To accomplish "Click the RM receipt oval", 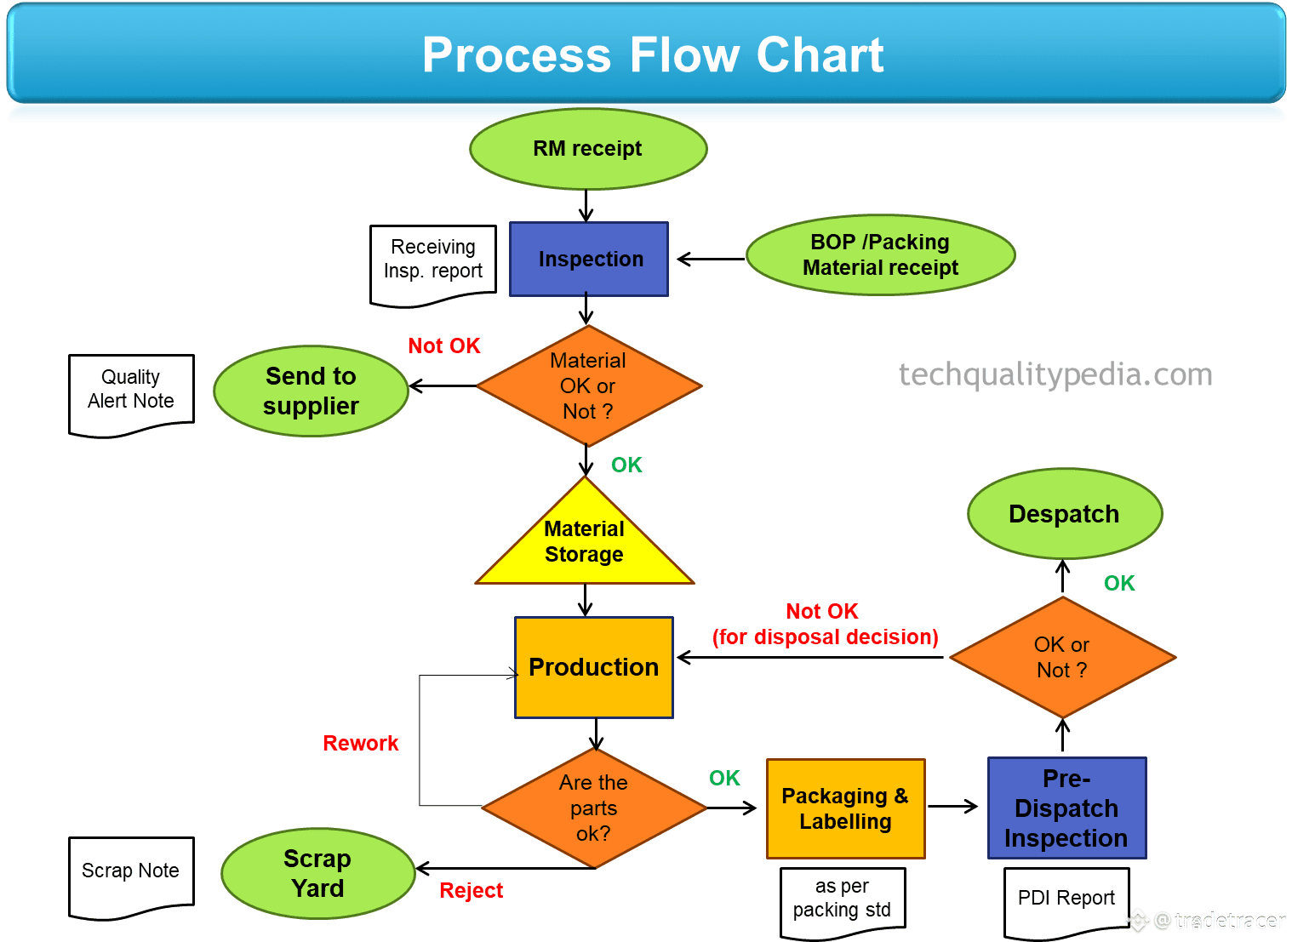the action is [588, 149].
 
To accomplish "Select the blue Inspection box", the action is [589, 259].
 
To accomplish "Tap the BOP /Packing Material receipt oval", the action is [880, 254].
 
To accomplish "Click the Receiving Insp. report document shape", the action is [433, 265].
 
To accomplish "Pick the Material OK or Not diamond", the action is [589, 385].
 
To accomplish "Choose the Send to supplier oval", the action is [311, 391].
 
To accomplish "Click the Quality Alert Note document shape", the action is [132, 396].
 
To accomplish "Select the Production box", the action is [594, 667].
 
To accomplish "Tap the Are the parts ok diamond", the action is [594, 808].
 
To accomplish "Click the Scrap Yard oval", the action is [317, 873].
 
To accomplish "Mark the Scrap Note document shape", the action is [132, 877].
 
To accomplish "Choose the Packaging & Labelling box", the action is [845, 808].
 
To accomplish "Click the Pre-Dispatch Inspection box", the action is [1067, 808].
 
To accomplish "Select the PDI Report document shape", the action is [1067, 902].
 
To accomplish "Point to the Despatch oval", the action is [1065, 513].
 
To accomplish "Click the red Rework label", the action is [361, 743].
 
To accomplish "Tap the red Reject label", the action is [472, 890].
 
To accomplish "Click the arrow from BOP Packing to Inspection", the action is [711, 260].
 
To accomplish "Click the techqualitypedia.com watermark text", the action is [1055, 375].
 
